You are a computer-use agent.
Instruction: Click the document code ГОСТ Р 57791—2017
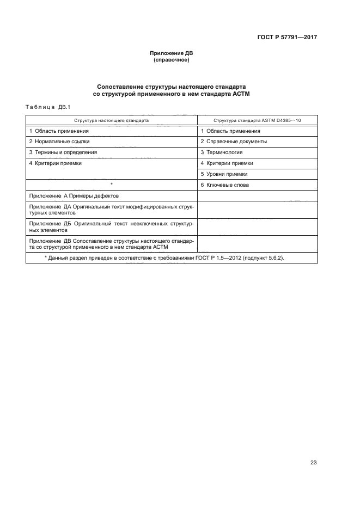287,38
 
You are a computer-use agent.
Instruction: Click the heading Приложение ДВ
172,53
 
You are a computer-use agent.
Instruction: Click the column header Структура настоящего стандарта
112,120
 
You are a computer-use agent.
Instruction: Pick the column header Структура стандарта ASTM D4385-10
257,120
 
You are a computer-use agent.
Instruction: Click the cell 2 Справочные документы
234,142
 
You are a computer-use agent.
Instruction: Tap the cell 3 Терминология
221,152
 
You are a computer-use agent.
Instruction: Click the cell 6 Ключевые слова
225,185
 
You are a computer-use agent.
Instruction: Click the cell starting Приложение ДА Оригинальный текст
112,210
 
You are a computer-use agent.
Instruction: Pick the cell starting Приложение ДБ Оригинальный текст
112,226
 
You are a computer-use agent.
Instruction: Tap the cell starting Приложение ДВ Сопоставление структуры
112,243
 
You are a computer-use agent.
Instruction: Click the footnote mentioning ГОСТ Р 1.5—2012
164,257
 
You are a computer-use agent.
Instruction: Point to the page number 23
313,463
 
